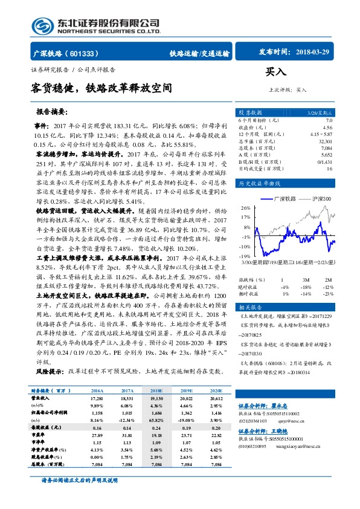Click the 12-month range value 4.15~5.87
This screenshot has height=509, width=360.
[320, 134]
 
